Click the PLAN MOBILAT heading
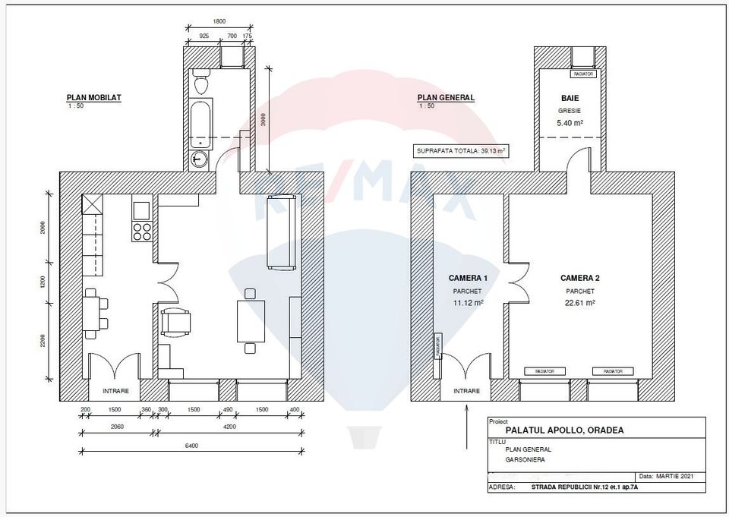click(93, 97)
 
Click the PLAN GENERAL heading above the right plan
click(446, 97)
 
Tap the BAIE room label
click(570, 98)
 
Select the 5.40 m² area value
click(570, 122)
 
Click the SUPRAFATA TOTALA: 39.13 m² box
click(461, 151)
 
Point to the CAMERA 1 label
click(468, 278)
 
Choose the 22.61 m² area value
click(580, 302)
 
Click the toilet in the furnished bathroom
click(201, 81)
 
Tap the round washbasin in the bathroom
click(199, 159)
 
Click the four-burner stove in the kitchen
click(142, 231)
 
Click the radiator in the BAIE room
click(584, 74)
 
